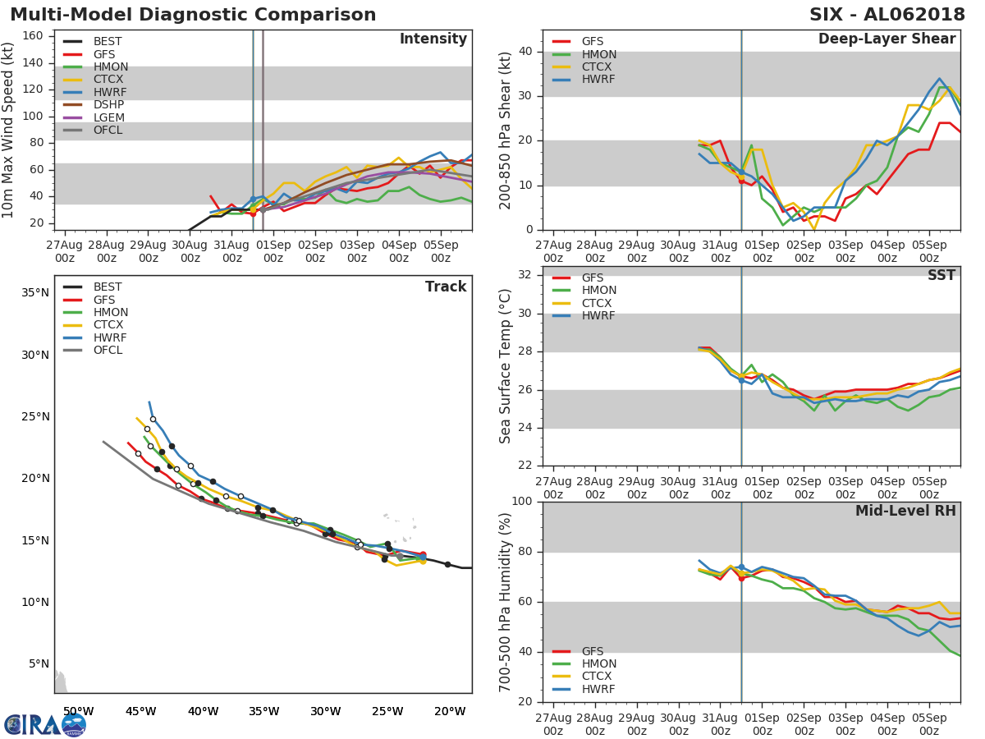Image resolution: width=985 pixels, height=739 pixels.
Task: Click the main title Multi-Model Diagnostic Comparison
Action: point(193,15)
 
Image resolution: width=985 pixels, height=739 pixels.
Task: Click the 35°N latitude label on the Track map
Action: point(34,293)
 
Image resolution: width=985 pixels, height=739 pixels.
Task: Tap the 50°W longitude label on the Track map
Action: point(78,711)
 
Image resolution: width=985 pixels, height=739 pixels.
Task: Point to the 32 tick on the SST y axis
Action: point(526,275)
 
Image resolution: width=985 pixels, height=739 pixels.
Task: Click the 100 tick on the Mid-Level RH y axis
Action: point(522,502)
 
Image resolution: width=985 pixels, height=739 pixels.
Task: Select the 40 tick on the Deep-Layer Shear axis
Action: point(526,52)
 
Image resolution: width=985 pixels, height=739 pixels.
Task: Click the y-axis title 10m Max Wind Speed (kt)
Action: point(9,131)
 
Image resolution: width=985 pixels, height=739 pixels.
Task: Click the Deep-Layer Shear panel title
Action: point(886,39)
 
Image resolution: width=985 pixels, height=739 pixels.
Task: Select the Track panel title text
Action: point(445,287)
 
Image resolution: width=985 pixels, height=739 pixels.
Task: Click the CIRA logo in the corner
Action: point(45,724)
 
